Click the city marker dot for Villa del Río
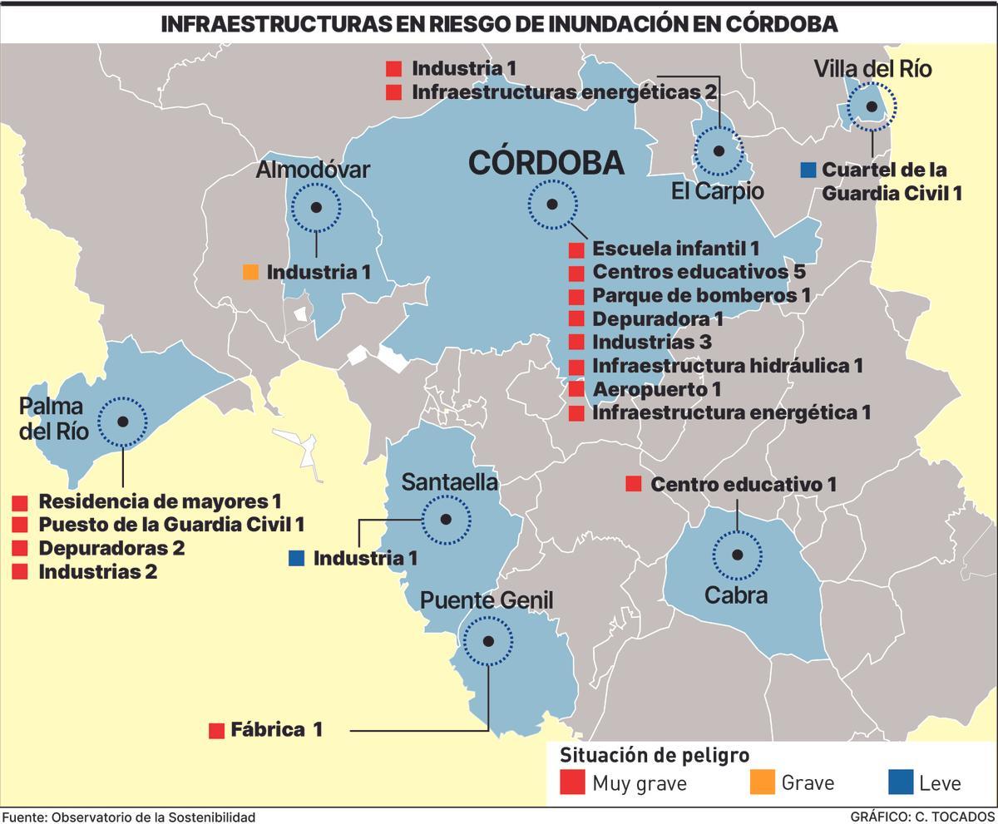pos(872,106)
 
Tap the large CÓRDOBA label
pos(546,163)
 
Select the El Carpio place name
pos(717,191)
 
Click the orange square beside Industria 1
pos(250,272)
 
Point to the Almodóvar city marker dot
pos(315,208)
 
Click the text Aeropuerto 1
pos(656,389)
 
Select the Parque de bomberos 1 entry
pos(700,295)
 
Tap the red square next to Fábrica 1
pos(216,731)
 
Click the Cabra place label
pos(735,595)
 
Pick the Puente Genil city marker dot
pos(488,641)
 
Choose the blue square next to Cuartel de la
pos(807,170)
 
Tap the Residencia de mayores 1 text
pos(160,501)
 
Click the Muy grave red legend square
pos(572,782)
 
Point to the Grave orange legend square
pos(762,782)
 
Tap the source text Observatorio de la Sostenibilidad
pos(153,817)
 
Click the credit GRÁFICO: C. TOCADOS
pos(921,817)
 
